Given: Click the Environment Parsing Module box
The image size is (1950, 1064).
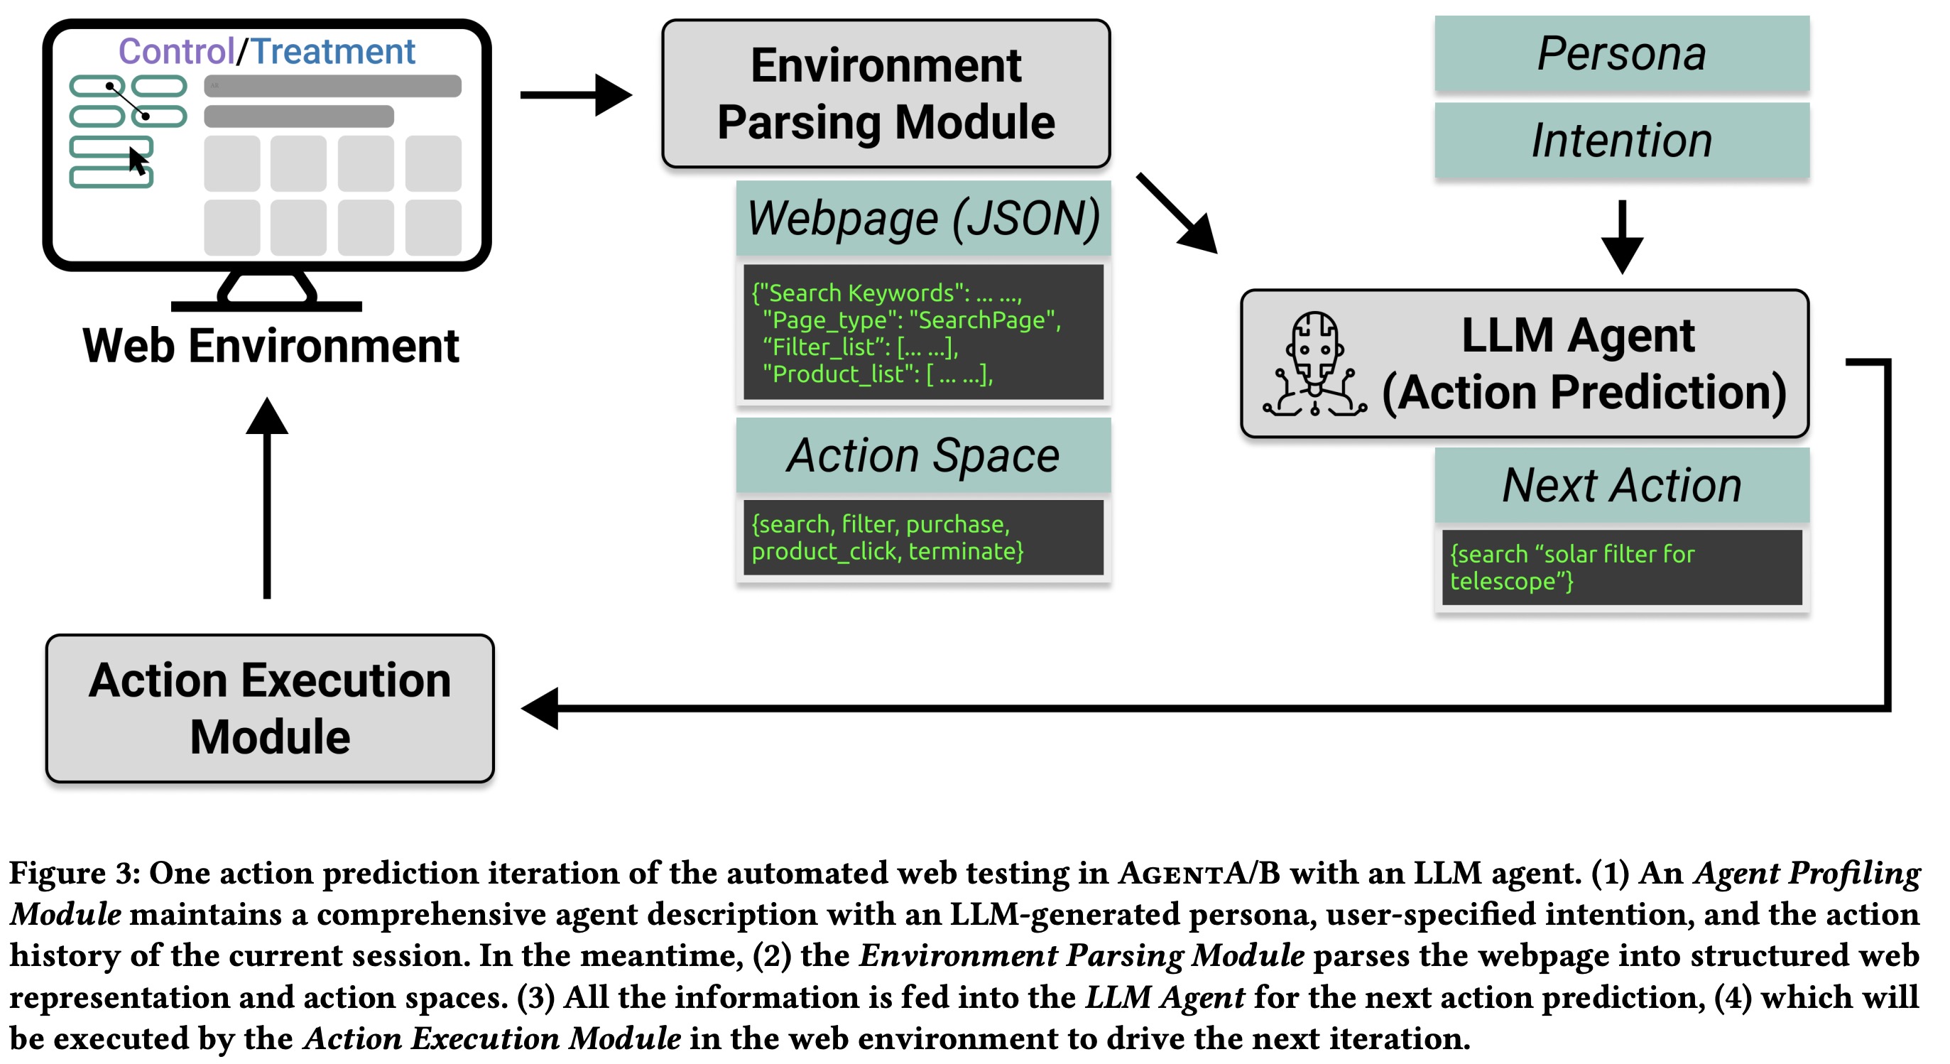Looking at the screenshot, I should (x=886, y=94).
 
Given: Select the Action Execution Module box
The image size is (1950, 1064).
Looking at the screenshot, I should (x=271, y=708).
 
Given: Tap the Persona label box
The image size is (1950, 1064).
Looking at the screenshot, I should (x=1621, y=54).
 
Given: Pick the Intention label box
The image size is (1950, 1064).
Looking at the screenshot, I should (x=1621, y=141).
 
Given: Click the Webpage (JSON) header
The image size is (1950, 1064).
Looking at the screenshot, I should (x=922, y=218).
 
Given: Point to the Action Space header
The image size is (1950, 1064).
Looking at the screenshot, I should (x=922, y=455).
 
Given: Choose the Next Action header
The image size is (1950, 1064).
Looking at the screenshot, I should (x=1621, y=484).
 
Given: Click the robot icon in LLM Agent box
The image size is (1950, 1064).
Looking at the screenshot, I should (x=1315, y=364).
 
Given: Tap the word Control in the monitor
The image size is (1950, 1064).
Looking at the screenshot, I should (x=176, y=52).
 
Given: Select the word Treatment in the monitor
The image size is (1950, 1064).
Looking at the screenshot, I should (x=333, y=52).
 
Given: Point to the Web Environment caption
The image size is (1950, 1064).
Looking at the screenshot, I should (x=271, y=346).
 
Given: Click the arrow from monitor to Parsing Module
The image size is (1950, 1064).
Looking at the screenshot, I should (x=575, y=94).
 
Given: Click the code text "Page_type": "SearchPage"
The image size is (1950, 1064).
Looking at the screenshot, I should (x=913, y=320).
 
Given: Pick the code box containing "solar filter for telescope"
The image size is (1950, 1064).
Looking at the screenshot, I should (x=1621, y=568).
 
